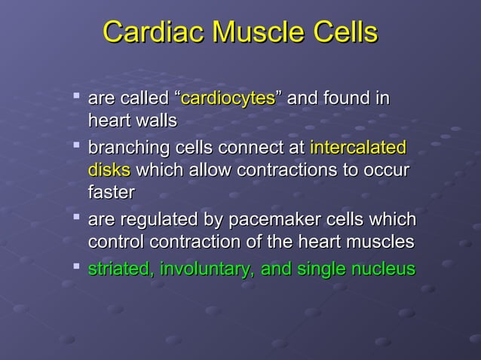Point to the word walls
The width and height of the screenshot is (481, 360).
(154, 121)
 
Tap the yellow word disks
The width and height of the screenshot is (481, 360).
(109, 169)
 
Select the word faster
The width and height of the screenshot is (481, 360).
(112, 192)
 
